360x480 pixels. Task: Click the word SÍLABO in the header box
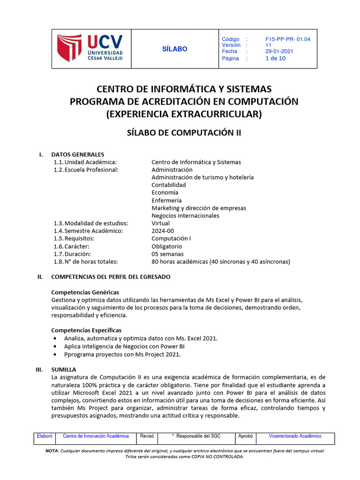point(174,49)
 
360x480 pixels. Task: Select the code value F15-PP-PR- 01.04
point(287,39)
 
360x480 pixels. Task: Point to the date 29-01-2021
point(280,52)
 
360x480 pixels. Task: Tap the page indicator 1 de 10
point(275,59)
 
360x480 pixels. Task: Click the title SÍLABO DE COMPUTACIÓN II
point(184,133)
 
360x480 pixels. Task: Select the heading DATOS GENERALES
point(77,154)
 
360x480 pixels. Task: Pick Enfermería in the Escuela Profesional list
point(166,200)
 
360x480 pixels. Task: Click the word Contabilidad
point(169,185)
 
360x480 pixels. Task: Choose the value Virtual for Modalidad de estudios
point(160,223)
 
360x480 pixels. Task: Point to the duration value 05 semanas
point(167,254)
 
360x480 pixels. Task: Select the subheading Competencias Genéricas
point(85,292)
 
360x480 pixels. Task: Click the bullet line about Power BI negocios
point(124,346)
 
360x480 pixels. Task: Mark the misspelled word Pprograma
point(79,354)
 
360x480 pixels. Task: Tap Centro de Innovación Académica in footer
point(96,436)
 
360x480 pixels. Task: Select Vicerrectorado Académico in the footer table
point(295,436)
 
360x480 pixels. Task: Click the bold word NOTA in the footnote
point(52,450)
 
